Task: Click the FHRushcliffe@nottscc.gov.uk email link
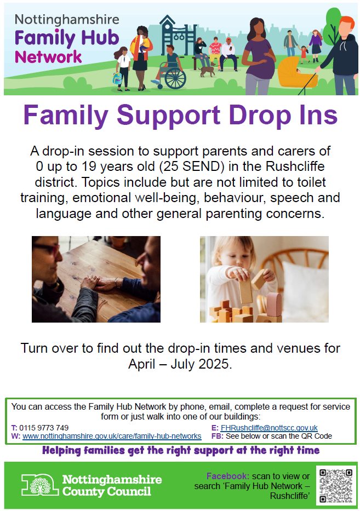click(269, 428)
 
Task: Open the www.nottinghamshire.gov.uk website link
click(112, 436)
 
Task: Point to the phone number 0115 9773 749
click(44, 428)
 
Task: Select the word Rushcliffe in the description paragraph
click(295, 166)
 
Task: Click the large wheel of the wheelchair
click(175, 78)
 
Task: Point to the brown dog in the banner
click(207, 71)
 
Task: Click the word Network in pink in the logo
click(48, 57)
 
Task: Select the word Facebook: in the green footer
click(227, 476)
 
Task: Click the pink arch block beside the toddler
click(274, 305)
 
